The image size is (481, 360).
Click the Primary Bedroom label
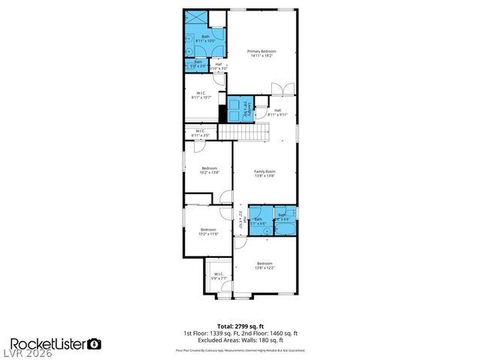(x=259, y=53)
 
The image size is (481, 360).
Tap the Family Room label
(x=264, y=174)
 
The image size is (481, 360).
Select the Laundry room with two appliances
(x=241, y=109)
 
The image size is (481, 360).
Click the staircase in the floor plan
(x=244, y=132)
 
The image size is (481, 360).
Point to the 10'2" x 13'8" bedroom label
(x=208, y=170)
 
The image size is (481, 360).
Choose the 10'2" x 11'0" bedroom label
(x=208, y=231)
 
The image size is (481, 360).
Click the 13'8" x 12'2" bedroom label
(x=264, y=265)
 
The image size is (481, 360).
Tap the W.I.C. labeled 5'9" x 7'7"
(x=216, y=276)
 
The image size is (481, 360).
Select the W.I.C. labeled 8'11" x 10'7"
(x=200, y=95)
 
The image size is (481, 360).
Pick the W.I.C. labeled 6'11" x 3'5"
(x=200, y=133)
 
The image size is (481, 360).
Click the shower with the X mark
(x=195, y=20)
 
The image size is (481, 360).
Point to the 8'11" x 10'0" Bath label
(x=205, y=38)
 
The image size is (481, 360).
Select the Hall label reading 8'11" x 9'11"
(x=277, y=113)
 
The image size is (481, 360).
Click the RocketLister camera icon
(x=95, y=344)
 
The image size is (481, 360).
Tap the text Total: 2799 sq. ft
(x=240, y=325)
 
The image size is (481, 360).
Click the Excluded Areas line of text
(x=240, y=339)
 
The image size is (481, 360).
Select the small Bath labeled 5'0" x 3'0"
(x=198, y=64)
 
